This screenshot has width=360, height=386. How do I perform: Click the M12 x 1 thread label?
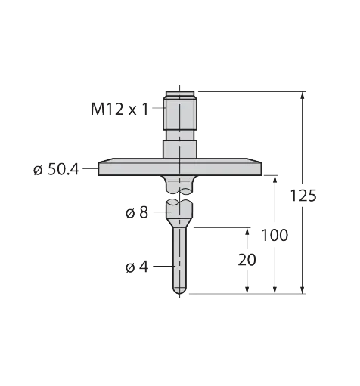(x=119, y=110)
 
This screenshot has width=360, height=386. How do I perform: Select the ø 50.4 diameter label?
(x=56, y=170)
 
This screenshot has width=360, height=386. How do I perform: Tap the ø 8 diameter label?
(x=137, y=213)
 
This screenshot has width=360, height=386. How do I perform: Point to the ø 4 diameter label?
(x=137, y=267)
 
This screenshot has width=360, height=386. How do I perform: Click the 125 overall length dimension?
(x=303, y=196)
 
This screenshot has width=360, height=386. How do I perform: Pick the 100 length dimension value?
(x=275, y=236)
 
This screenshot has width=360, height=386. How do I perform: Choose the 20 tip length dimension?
(x=247, y=260)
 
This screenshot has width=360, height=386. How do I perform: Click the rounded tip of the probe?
(x=179, y=290)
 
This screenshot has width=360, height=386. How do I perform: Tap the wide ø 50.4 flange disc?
(x=179, y=167)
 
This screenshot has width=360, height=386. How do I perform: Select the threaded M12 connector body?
(x=180, y=113)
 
